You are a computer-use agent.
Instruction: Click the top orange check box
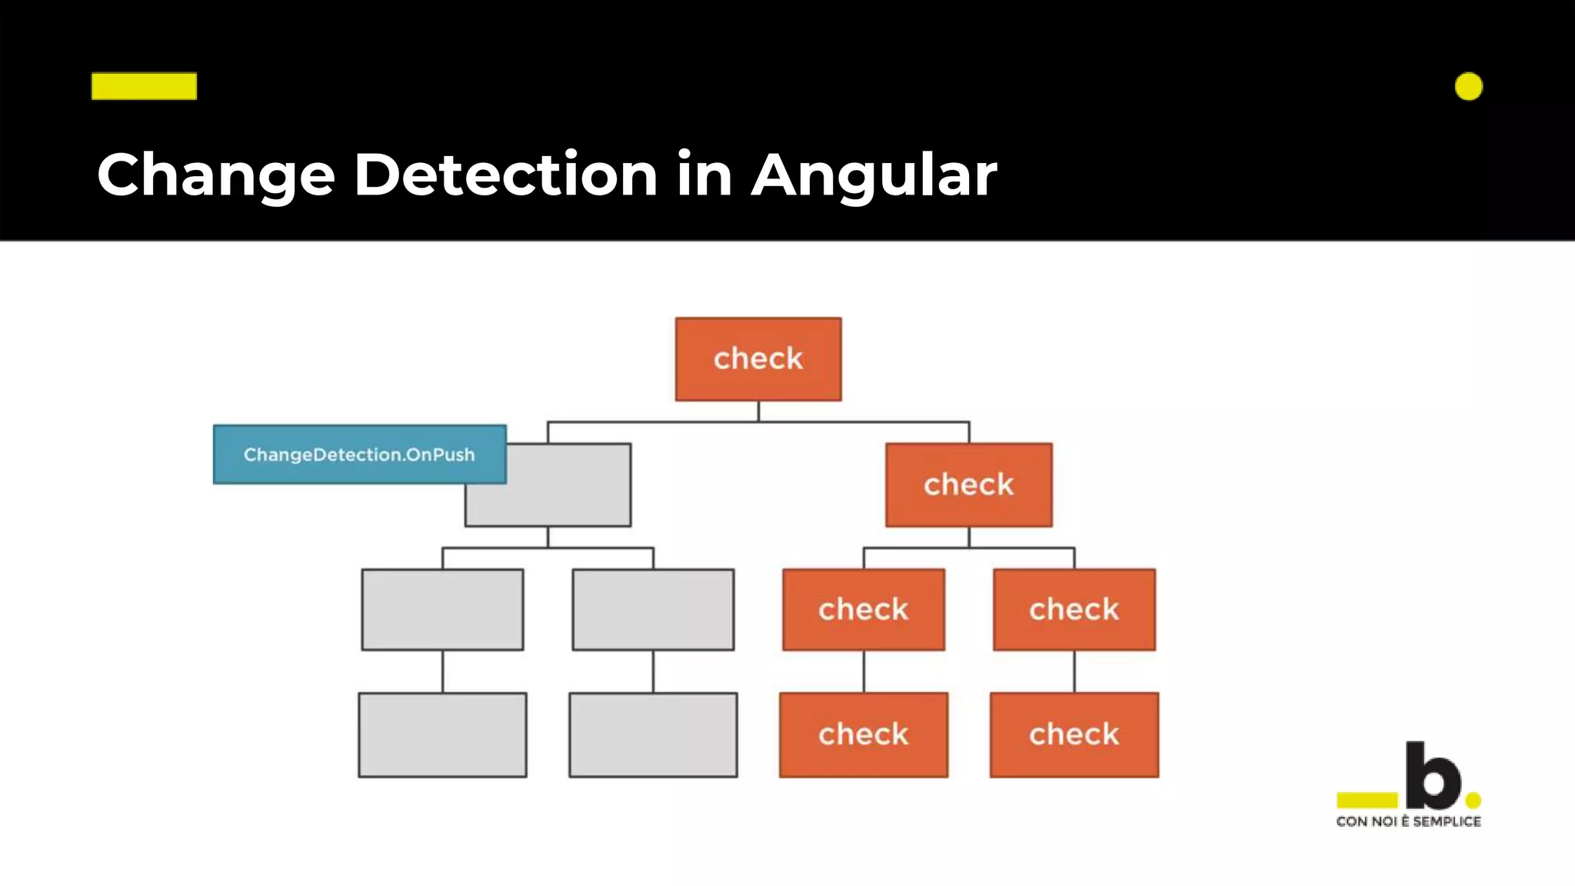[758, 359]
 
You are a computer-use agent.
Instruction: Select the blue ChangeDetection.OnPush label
[359, 455]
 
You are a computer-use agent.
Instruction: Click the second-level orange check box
[968, 485]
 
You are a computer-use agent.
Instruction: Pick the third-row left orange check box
[863, 610]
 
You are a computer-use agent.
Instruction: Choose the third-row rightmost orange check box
[1074, 610]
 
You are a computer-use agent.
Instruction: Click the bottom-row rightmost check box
[1074, 734]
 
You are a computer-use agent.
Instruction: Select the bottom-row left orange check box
[863, 734]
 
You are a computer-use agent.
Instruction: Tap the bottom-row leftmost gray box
[442, 734]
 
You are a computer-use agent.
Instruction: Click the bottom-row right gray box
[653, 734]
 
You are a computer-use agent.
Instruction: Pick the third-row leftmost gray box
[442, 610]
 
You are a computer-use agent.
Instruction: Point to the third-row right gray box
[653, 610]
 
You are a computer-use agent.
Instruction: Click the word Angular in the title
[874, 175]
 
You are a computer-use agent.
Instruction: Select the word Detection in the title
[505, 175]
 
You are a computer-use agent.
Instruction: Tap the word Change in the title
[216, 175]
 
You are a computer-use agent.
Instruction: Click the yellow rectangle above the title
[144, 86]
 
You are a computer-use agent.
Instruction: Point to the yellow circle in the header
[1468, 86]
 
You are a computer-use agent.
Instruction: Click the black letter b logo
[1432, 775]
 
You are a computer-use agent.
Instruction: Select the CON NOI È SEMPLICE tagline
[1408, 821]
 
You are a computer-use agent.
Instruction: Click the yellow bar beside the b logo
[1367, 800]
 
